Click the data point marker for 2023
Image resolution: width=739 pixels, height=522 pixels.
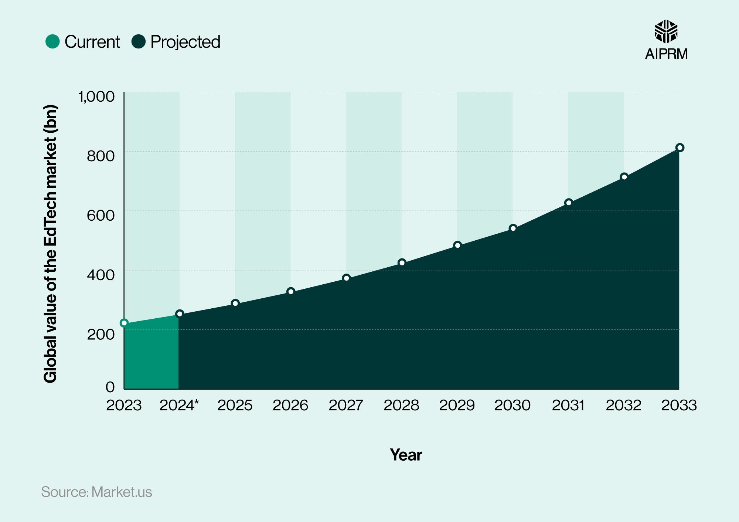pos(124,323)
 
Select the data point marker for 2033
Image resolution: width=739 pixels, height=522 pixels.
pos(680,148)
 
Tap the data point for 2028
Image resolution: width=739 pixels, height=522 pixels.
pos(402,263)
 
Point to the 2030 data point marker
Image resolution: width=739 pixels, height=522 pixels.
pos(513,228)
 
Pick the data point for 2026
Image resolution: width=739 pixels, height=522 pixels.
pos(291,292)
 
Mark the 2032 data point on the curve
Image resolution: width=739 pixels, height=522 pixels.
pos(624,177)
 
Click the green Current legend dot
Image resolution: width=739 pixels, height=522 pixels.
pos(53,42)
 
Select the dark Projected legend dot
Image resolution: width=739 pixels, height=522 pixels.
pos(139,42)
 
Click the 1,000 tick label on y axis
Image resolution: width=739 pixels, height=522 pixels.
pos(96,97)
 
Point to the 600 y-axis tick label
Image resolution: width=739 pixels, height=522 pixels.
pos(101,216)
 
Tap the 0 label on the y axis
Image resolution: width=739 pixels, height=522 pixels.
pos(110,387)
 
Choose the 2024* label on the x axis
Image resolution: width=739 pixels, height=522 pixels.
pos(179,406)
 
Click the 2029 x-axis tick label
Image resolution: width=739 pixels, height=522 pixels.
pos(457,406)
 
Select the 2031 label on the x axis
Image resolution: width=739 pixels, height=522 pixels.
pos(568,406)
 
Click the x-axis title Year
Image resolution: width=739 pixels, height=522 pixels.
pos(406,455)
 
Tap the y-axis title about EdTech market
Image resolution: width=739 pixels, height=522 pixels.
pos(51,244)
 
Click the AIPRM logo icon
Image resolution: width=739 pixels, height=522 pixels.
pos(666,32)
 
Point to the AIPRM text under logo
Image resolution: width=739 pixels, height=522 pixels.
pos(666,54)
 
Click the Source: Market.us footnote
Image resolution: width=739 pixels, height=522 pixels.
pos(96,492)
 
